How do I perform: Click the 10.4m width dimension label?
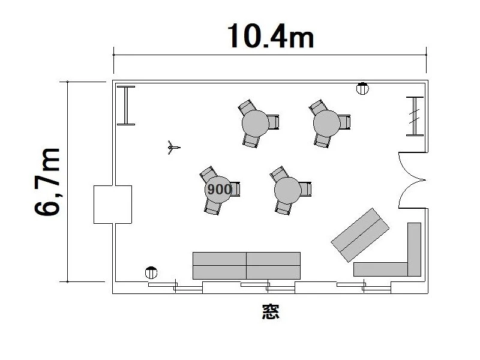(271, 36)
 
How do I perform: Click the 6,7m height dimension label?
(47, 182)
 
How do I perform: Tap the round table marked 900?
(218, 189)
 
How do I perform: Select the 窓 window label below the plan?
(271, 311)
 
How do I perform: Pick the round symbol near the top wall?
(362, 88)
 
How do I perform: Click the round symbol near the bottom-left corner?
(151, 272)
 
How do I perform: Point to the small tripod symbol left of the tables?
(173, 148)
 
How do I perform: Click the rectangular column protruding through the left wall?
(113, 205)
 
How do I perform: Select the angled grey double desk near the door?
(360, 235)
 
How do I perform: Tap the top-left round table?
(256, 124)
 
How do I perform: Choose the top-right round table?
(326, 124)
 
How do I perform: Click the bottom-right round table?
(288, 190)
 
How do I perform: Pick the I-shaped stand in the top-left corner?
(126, 106)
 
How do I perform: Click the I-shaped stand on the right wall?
(415, 116)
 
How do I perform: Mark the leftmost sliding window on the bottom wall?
(175, 287)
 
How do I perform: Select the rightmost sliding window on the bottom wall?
(364, 287)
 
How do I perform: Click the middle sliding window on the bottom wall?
(268, 287)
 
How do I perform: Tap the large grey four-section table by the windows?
(247, 266)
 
